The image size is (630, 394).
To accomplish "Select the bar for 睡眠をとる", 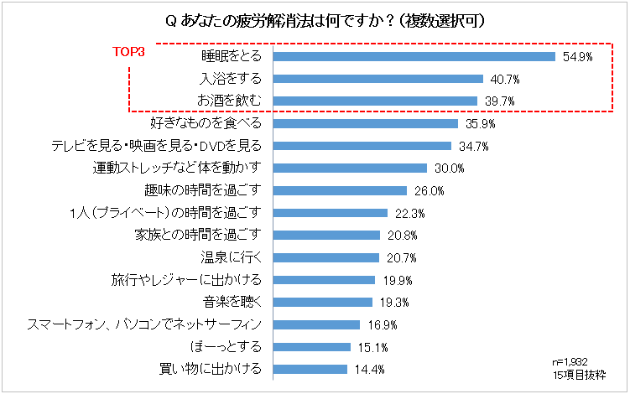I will point(414,57).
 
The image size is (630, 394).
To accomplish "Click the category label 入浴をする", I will point(231,79).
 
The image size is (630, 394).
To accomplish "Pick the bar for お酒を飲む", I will point(376,101).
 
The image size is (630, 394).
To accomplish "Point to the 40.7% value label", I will point(504,80).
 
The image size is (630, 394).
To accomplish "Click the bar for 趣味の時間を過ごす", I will point(341,190).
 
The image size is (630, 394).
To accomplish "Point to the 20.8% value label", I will point(402,235).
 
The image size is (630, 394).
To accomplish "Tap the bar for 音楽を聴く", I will point(323,301).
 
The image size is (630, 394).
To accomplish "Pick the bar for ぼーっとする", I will point(312,346).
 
